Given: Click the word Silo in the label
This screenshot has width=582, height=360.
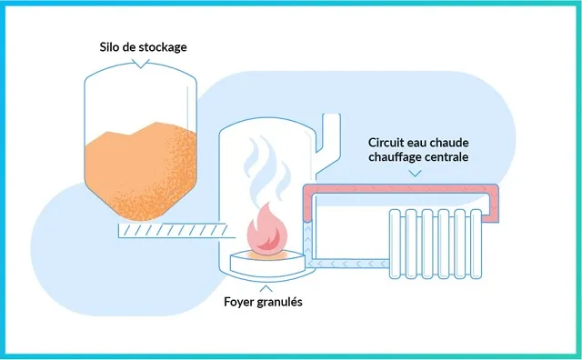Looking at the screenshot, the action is [x=107, y=47].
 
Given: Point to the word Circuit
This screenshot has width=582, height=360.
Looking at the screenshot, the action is [x=386, y=143].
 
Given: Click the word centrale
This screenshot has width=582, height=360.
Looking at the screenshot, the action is [x=447, y=157].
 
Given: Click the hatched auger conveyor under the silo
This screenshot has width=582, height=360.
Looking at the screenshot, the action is [x=174, y=231].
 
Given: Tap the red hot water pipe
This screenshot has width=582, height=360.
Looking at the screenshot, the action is [x=401, y=188].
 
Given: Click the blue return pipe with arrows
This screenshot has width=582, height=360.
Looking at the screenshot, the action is [x=347, y=264].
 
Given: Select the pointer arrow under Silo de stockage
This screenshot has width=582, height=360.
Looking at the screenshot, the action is [x=141, y=65].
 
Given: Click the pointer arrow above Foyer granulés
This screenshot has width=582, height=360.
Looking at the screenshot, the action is [x=266, y=288].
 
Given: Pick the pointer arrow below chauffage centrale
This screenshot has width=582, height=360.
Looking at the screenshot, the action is [x=415, y=174].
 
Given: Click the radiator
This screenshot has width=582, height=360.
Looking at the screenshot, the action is [x=436, y=244].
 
